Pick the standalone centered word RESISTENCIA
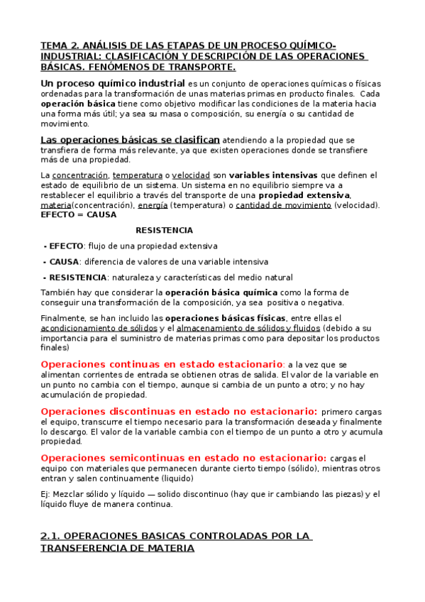[x=164, y=230]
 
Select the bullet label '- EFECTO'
[x=64, y=246]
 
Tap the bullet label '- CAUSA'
[x=62, y=261]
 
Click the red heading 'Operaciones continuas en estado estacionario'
[x=162, y=364]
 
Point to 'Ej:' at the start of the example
[x=46, y=494]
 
